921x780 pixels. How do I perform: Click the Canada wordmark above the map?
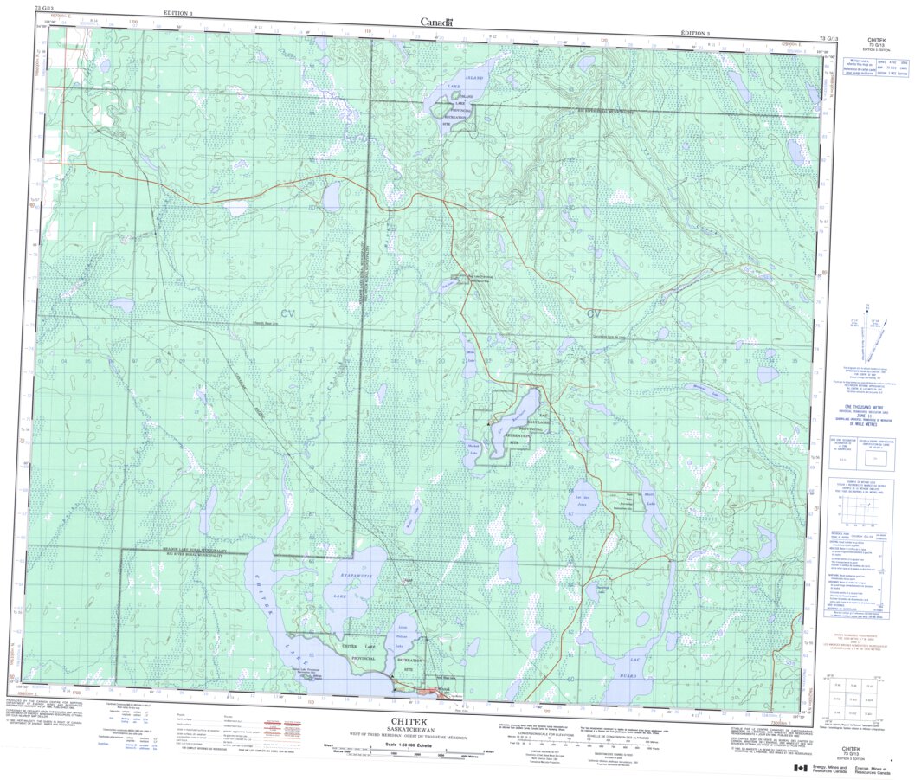coord(436,22)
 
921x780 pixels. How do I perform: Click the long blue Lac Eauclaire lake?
coord(514,415)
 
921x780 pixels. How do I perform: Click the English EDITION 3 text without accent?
coord(178,14)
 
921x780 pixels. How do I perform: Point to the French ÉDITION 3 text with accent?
coord(695,33)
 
